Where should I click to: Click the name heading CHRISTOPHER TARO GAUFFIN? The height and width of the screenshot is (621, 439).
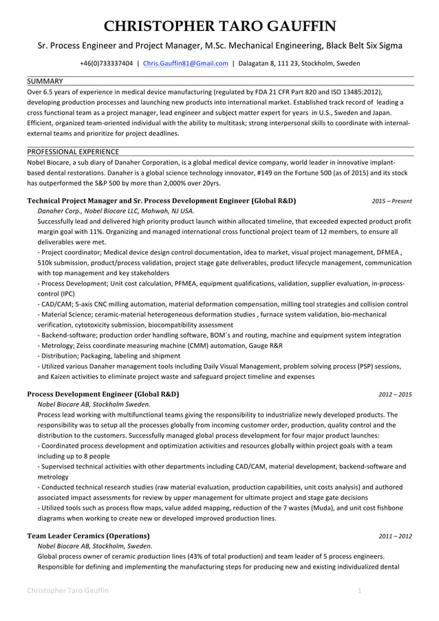click(219, 27)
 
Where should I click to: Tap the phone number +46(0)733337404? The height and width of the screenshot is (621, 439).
click(106, 63)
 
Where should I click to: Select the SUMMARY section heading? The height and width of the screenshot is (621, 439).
click(45, 81)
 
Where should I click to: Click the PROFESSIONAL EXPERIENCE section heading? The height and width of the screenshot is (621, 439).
click(72, 151)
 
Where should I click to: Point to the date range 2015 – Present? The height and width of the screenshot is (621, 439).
click(392, 201)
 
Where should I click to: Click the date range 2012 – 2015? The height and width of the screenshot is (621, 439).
click(395, 395)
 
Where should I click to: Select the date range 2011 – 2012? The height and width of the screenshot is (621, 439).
click(395, 536)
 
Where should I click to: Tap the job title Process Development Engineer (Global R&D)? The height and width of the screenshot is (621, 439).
click(103, 394)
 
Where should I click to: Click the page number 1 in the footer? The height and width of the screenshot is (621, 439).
click(360, 591)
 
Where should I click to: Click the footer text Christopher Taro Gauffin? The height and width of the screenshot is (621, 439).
click(67, 591)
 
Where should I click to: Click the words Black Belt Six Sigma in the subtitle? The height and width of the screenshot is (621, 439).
click(356, 46)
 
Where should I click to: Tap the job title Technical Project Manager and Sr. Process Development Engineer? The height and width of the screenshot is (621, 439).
click(161, 201)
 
